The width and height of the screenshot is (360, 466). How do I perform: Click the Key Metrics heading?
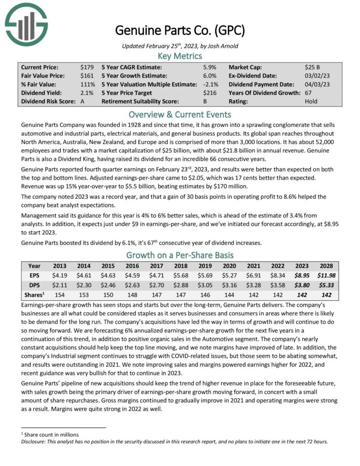[180, 56]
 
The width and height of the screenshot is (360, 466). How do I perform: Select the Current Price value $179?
[87, 67]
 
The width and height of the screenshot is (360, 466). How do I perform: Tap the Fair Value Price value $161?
[87, 76]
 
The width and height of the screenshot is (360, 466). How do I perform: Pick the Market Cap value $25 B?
[312, 67]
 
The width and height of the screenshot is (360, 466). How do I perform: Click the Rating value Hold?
[312, 101]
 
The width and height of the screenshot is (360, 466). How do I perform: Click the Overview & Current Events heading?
[180, 114]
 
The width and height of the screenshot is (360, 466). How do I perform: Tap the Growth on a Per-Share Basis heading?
[180, 255]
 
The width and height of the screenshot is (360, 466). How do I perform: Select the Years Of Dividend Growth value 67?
[309, 93]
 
